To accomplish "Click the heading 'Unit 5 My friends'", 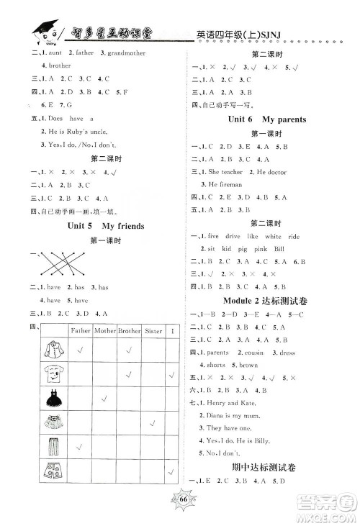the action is [112, 226].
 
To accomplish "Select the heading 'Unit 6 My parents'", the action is [266, 119].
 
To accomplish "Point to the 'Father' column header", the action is [78, 330].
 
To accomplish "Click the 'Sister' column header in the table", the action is [153, 330].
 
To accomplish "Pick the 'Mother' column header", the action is [104, 330].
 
